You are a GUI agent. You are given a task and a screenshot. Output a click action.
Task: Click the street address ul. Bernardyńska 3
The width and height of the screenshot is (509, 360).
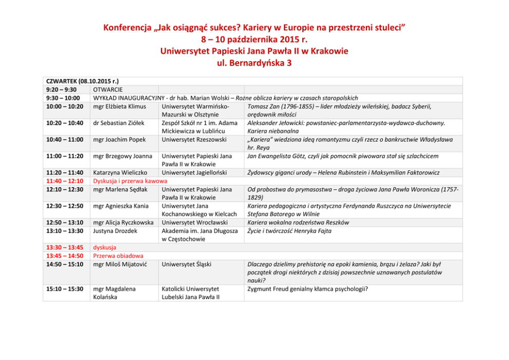point(254,63)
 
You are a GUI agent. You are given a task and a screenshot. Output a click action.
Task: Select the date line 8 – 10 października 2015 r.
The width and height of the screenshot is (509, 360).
point(254,39)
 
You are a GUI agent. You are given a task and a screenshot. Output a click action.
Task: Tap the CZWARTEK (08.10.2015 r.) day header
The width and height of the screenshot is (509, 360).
point(79,81)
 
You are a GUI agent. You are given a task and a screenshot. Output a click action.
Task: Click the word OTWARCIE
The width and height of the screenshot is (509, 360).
point(107,90)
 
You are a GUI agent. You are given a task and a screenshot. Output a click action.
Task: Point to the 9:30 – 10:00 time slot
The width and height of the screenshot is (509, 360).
point(63,98)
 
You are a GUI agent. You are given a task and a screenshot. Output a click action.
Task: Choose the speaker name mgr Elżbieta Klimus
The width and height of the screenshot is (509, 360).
point(120,106)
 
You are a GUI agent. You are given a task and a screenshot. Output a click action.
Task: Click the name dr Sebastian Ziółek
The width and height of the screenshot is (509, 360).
point(119,123)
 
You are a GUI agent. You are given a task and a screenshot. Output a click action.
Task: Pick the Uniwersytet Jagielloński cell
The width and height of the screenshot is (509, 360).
point(194,173)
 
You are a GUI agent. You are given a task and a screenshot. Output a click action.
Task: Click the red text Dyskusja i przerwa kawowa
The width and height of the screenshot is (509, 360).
point(130,181)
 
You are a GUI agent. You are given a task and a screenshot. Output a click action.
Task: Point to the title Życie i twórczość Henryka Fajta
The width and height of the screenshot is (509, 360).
point(289,231)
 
